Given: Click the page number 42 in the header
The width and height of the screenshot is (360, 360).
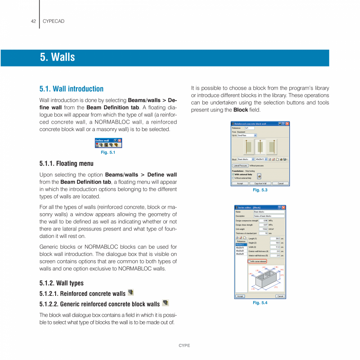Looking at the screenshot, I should point(33,21).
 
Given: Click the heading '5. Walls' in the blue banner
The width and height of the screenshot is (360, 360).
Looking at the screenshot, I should point(57,58).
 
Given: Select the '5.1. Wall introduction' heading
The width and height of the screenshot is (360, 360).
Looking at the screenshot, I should point(71,89).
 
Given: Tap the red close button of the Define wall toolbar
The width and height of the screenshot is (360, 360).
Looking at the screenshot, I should point(120,140).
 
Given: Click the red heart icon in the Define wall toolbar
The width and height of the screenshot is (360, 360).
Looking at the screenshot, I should point(97,145).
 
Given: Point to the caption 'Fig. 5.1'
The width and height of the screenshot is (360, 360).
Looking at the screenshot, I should point(108,152).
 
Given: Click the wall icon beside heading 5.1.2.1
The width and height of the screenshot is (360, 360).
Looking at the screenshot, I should point(131,292).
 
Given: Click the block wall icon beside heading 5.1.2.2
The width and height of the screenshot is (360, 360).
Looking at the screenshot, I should point(165,302).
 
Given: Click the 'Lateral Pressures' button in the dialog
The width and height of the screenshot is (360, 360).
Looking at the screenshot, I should point(240,166).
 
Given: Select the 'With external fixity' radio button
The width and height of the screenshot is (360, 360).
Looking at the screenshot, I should point(233,175).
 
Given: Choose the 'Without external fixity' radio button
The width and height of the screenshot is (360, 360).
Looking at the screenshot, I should point(233,178).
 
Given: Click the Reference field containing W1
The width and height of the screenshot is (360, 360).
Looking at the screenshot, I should point(249,128).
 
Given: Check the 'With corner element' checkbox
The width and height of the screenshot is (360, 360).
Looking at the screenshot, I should point(249,261).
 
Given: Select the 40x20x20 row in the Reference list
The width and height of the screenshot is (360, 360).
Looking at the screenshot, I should point(240,251).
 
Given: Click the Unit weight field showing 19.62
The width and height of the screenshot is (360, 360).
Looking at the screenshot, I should point(265,229).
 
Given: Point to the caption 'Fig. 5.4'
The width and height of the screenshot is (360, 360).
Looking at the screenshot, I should point(260,302).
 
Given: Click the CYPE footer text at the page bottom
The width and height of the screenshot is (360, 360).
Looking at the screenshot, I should point(184,346).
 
